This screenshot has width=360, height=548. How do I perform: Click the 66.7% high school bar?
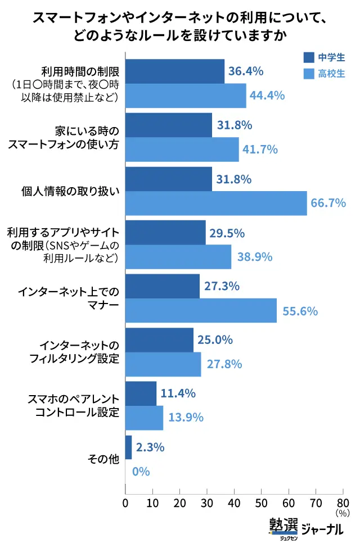[216, 203]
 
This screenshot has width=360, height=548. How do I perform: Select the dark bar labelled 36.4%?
[174, 71]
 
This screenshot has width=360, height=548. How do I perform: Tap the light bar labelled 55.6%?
[201, 310]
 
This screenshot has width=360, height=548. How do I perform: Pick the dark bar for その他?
[128, 447]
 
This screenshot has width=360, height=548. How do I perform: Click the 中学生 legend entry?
[323, 58]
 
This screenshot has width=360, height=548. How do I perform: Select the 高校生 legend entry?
[323, 74]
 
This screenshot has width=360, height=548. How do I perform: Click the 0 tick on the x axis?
[125, 501]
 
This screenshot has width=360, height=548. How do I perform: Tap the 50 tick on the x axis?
[261, 501]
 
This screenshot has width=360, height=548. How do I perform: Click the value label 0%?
[141, 472]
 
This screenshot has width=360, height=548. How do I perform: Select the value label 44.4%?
[267, 96]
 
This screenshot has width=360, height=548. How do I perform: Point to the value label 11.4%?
[177, 393]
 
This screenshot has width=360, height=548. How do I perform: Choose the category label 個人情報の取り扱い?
[75, 192]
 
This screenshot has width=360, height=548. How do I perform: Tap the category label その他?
[103, 459]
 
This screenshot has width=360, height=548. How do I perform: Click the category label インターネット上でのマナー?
[69, 298]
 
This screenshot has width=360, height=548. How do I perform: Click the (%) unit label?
[342, 513]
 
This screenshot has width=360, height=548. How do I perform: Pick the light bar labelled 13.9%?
[144, 418]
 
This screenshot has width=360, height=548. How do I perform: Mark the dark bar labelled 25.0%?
[159, 340]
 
